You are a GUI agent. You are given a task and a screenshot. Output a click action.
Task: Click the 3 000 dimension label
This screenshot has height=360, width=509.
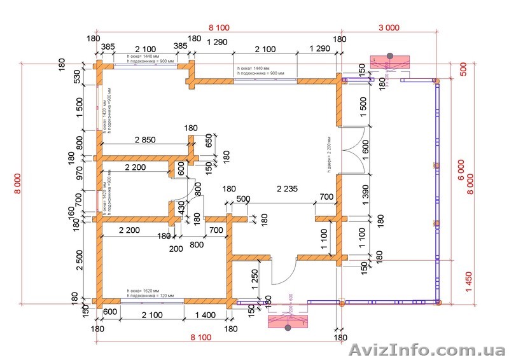point(388,27)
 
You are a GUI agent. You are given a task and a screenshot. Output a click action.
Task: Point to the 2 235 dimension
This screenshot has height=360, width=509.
point(289,189)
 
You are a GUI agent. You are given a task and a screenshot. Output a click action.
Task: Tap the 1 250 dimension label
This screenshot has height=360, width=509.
point(254,280)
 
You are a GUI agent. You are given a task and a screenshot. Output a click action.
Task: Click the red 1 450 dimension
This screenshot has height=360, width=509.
point(470,280)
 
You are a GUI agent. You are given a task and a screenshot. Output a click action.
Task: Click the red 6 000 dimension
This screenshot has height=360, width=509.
point(461,169)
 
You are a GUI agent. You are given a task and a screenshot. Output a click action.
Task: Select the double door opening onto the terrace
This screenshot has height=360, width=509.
point(352,150)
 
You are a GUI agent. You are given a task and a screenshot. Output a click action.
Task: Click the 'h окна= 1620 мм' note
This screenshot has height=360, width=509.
point(143,289)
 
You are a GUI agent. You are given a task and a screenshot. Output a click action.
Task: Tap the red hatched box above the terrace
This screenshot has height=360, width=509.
point(389,62)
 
